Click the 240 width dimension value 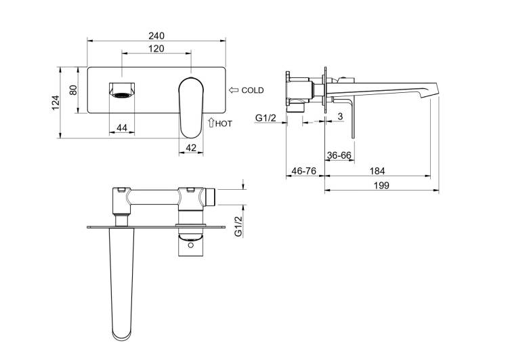pos(156,35)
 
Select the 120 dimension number pos(156,49)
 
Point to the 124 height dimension pos(56,102)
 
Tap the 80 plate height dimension pos(73,90)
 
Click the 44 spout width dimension pos(122,127)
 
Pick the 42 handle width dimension pos(191,148)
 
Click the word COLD pos(253,90)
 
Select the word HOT pos(224,123)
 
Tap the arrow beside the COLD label pos(234,90)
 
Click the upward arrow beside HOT pos(211,122)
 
